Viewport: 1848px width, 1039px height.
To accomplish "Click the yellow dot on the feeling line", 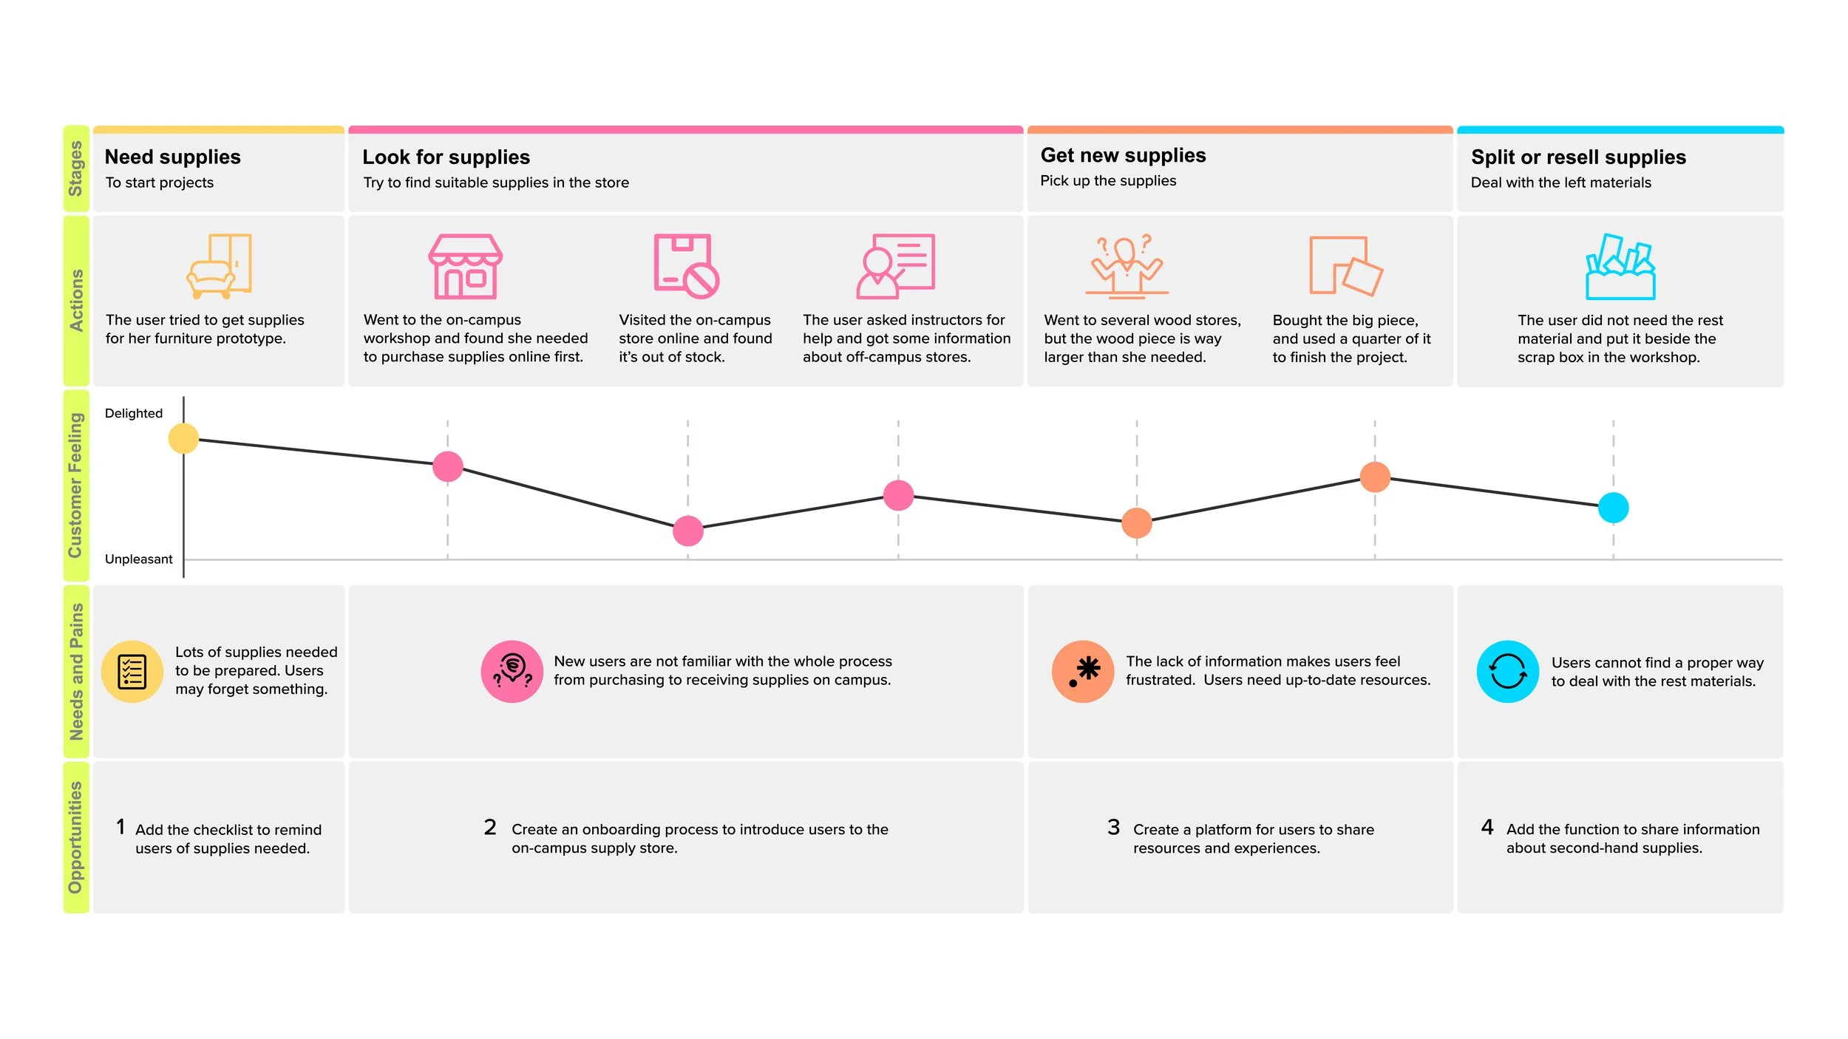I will coord(183,438).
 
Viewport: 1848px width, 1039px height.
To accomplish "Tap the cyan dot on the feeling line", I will coord(1613,508).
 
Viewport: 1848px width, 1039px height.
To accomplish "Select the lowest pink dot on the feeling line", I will coord(687,531).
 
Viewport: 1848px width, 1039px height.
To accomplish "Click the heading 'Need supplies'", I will coord(173,157).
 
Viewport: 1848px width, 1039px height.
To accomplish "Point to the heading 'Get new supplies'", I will coord(1123,155).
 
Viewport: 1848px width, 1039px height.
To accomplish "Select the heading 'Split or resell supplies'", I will coord(1578,157).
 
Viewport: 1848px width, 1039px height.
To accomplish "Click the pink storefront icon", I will coord(465,266).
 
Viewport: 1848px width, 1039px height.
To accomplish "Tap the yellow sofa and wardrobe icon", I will coord(219,266).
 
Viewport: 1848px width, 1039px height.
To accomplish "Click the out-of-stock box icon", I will coord(685,266).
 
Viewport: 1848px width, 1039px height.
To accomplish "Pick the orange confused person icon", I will coord(1127,266).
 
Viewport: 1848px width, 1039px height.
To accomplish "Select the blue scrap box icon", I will coord(1620,267).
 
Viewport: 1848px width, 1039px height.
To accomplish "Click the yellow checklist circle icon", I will coord(132,671).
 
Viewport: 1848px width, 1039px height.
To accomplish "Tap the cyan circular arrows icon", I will coord(1507,671).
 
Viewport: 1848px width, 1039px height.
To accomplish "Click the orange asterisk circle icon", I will coord(1082,671).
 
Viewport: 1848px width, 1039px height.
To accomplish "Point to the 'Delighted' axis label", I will coord(134,413).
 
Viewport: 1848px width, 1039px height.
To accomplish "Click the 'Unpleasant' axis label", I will coord(138,559).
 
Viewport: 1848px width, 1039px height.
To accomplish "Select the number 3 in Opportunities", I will coord(1113,827).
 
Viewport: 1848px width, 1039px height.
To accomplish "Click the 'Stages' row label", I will coord(75,168).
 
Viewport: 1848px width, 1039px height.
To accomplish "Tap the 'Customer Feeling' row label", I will coord(75,485).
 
